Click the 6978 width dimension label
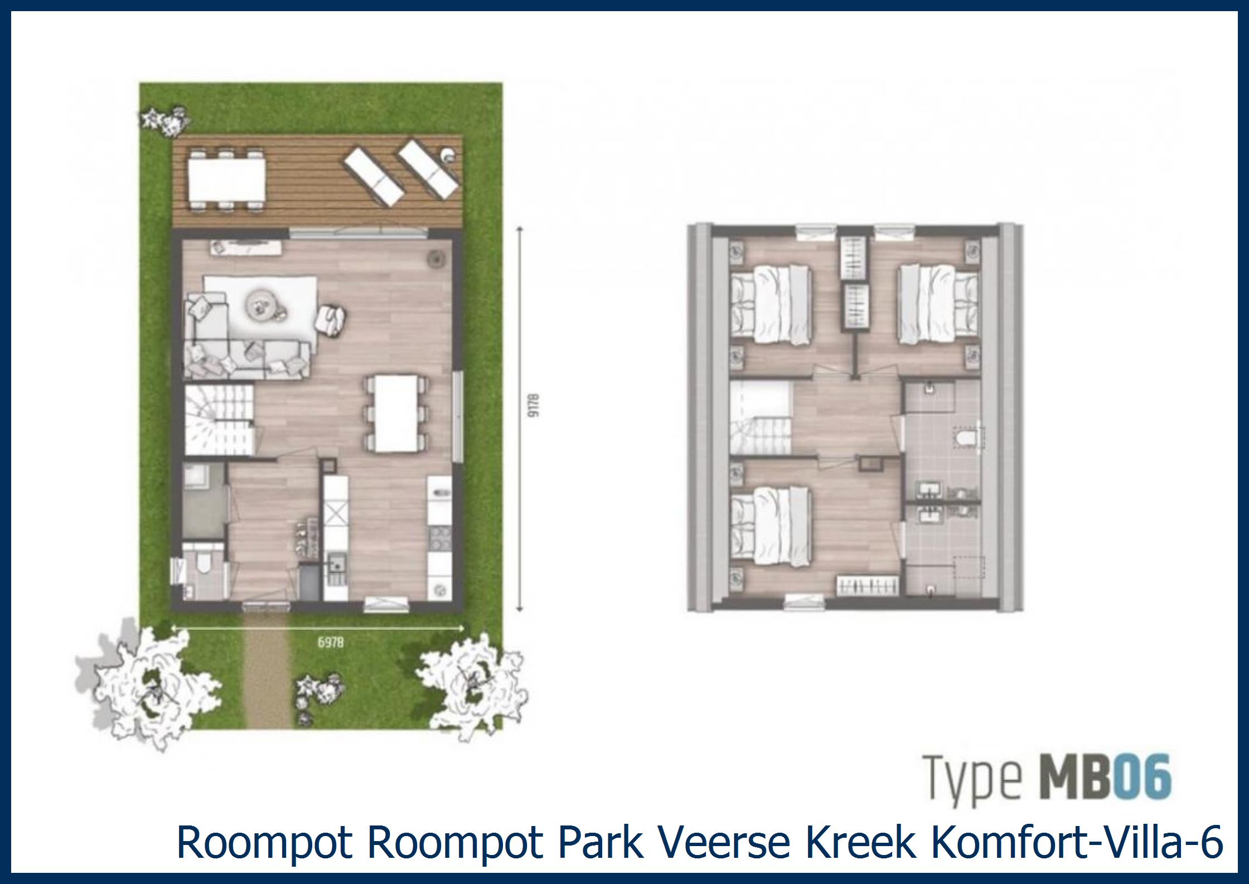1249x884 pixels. click(x=331, y=642)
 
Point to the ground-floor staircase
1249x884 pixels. click(x=220, y=421)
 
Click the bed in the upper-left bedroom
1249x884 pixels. click(x=773, y=304)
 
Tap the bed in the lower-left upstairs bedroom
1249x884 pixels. click(x=773, y=524)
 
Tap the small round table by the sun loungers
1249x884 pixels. click(x=447, y=156)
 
